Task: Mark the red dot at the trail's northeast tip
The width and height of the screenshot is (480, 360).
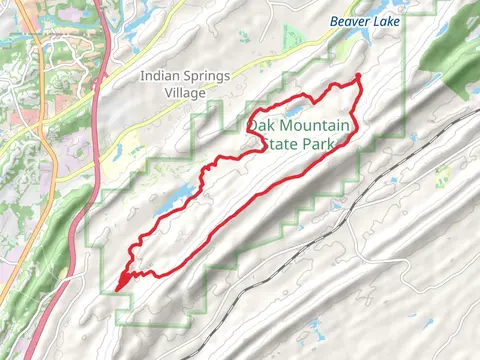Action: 358,77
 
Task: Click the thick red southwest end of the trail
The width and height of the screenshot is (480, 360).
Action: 123,282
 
